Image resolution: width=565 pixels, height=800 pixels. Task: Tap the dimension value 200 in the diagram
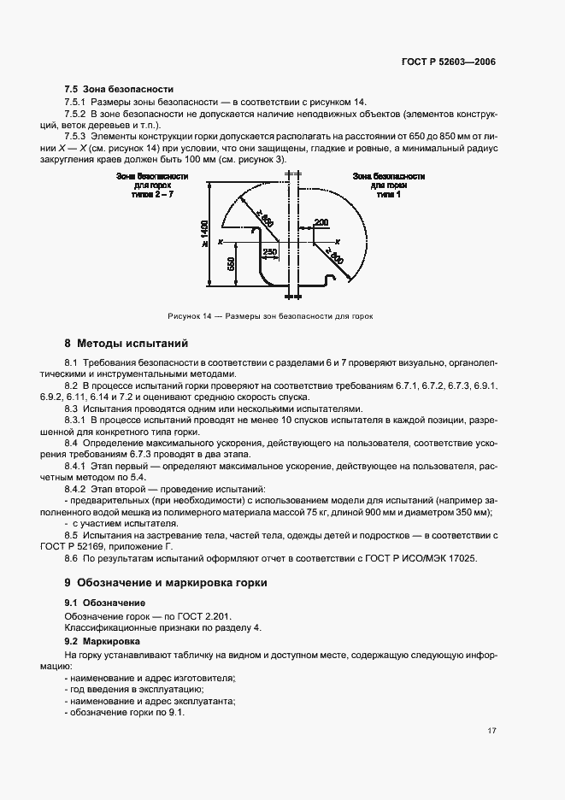[x=321, y=222]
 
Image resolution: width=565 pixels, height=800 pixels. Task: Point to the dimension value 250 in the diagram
[x=270, y=251]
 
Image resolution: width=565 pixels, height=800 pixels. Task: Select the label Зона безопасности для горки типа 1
[x=389, y=184]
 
